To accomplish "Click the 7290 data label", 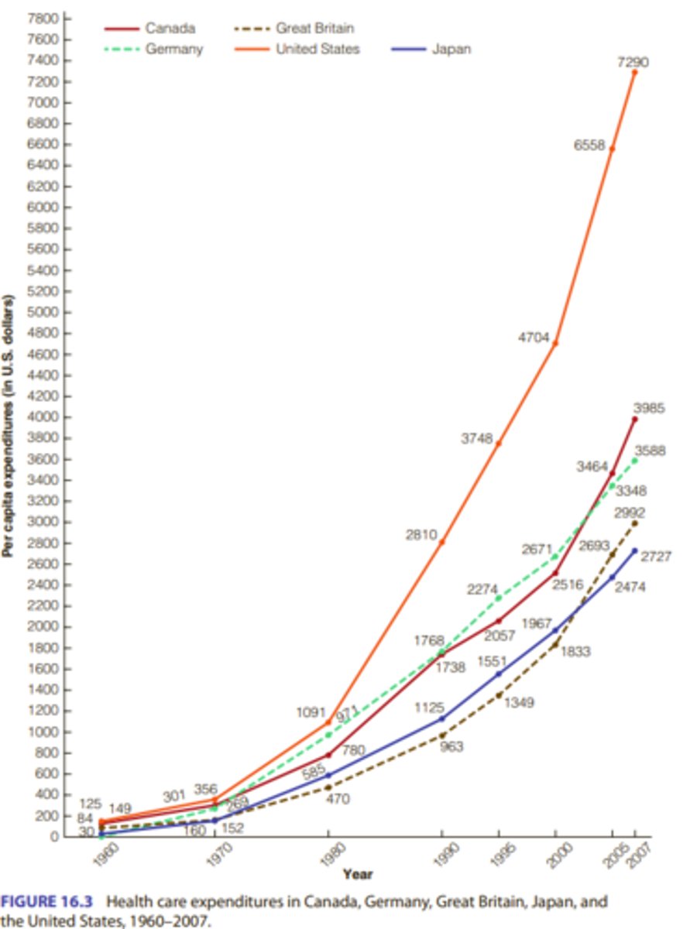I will coord(633,62).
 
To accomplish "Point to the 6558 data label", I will coord(589,145).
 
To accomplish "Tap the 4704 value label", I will coord(534,338).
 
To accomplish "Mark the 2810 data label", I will coord(422,534).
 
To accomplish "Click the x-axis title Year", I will coord(358,874).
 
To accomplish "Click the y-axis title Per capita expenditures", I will coord(9,426).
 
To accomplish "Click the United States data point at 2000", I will coord(555,343).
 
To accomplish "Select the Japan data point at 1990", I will coord(441,718).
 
